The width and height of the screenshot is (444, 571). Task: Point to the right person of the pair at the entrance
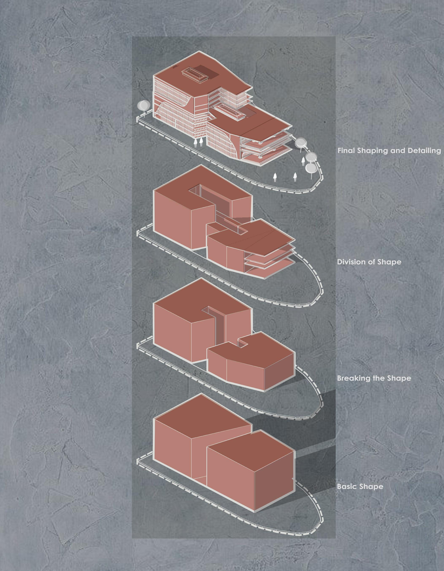(201, 142)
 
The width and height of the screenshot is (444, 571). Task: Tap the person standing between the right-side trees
(303, 161)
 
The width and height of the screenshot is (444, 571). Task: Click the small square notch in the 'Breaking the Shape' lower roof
(243, 343)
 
